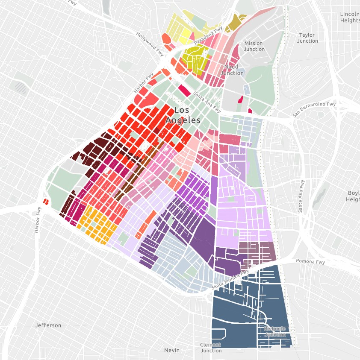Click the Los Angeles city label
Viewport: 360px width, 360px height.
[183, 115]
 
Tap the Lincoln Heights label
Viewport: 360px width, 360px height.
[349, 17]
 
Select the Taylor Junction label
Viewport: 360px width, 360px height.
[308, 38]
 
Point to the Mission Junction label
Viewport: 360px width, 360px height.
[254, 46]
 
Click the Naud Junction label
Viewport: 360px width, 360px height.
[232, 70]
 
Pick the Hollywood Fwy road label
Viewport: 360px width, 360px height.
[150, 44]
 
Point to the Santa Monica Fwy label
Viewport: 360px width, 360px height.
[230, 279]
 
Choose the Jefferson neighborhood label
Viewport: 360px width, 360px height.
[48, 325]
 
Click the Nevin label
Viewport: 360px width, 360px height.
[172, 350]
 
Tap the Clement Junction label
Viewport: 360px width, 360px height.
[211, 348]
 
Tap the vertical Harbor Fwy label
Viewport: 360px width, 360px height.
[38, 220]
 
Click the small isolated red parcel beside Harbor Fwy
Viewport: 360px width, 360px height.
[46, 202]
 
